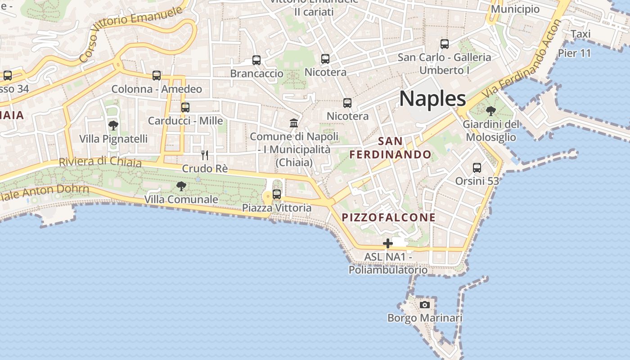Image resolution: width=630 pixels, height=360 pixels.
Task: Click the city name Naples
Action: (432, 99)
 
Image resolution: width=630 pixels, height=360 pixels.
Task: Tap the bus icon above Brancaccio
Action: (256, 60)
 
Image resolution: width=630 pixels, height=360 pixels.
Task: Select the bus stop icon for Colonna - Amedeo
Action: (157, 76)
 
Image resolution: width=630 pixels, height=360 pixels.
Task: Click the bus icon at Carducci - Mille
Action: (185, 107)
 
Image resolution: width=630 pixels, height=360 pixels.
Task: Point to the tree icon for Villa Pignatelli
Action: (113, 125)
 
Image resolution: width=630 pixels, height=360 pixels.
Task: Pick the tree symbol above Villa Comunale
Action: (181, 186)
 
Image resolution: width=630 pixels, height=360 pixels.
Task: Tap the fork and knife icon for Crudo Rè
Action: (205, 155)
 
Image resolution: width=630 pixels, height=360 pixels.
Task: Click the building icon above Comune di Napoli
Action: (294, 123)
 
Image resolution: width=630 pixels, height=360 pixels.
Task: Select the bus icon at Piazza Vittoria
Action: (277, 194)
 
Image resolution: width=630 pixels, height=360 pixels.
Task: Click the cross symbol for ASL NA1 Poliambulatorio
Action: (388, 243)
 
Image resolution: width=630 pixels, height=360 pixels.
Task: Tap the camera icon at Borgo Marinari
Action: (424, 305)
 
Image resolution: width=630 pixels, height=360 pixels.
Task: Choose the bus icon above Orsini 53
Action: (477, 168)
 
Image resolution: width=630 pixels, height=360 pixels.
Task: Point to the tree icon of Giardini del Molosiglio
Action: (490, 110)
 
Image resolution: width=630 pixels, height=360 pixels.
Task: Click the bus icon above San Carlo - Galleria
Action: (445, 44)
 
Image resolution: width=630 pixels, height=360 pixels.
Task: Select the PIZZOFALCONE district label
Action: (389, 217)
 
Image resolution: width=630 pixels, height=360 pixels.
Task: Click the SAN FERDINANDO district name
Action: (391, 148)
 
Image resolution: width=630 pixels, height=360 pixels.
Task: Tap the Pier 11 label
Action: (574, 53)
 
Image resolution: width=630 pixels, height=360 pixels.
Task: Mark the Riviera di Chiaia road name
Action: (100, 161)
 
